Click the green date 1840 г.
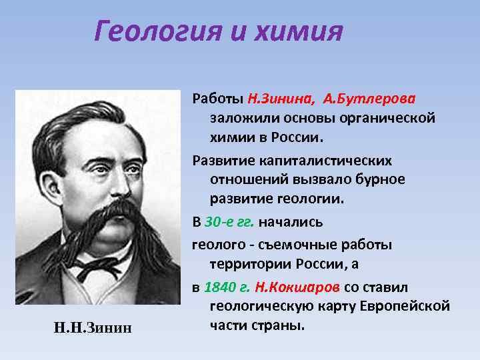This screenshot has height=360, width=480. pyautogui.click(x=227, y=287)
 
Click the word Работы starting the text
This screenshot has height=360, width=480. pyautogui.click(x=218, y=99)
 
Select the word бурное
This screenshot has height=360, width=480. pyautogui.click(x=381, y=180)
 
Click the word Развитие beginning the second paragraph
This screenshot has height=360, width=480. pyautogui.click(x=223, y=161)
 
